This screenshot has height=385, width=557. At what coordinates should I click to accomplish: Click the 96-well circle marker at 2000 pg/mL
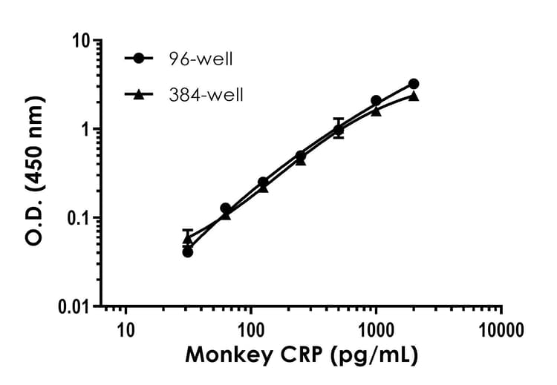(414, 84)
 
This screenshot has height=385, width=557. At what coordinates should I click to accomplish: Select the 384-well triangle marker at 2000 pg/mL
(414, 96)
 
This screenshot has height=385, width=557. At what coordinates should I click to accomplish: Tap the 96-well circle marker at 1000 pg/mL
(376, 100)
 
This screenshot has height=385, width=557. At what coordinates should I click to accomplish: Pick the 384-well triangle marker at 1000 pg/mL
(376, 111)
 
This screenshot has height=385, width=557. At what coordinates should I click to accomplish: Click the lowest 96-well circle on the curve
(188, 252)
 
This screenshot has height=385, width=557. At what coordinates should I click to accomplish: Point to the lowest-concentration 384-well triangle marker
(188, 240)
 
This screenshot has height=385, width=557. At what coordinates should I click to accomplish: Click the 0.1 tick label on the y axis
(77, 218)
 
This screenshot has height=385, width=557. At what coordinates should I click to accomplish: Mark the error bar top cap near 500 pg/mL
(339, 119)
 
